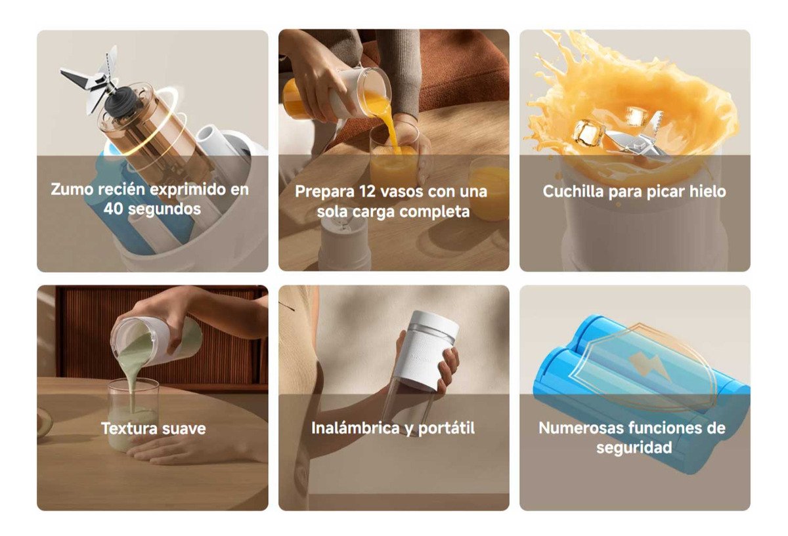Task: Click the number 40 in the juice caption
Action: (x=113, y=209)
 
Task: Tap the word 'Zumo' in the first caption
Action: (x=72, y=189)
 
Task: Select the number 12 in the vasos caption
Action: (x=367, y=192)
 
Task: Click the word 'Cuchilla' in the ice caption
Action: (x=573, y=192)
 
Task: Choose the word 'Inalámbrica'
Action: (x=355, y=428)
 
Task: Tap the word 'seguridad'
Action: (x=634, y=448)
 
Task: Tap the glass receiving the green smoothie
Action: (x=133, y=415)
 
